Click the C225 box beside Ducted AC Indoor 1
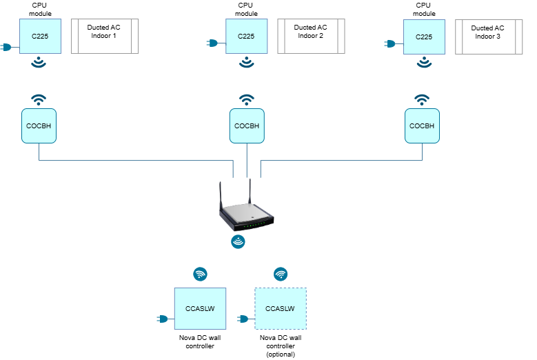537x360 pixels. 40,36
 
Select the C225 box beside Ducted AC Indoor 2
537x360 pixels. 246,36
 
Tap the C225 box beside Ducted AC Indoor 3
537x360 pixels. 424,37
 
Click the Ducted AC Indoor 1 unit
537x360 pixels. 105,36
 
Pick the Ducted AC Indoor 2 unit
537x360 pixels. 311,36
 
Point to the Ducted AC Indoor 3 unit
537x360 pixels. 489,37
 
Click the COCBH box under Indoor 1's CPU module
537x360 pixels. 39,126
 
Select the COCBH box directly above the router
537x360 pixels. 247,126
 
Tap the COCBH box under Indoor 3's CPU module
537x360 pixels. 422,126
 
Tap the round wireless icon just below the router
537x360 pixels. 238,241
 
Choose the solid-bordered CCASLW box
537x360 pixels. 200,308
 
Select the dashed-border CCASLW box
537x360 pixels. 281,308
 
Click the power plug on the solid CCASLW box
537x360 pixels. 163,319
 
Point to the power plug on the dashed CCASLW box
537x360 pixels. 243,319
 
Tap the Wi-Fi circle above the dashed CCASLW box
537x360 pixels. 281,274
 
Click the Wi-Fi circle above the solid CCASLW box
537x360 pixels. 200,274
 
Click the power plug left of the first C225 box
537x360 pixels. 6,47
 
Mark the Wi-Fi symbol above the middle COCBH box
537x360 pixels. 247,100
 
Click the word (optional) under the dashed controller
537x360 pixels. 281,354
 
